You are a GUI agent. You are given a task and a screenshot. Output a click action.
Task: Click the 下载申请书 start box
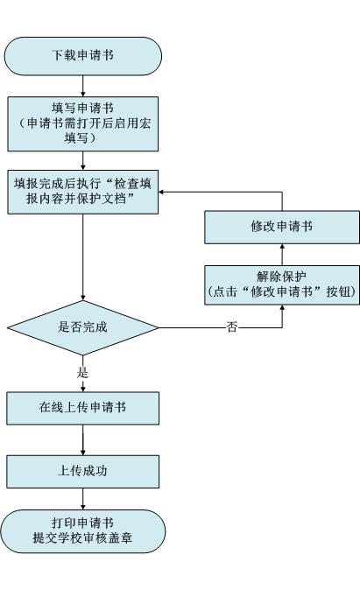(83, 56)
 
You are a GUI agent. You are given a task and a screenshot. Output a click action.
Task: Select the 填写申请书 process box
(83, 123)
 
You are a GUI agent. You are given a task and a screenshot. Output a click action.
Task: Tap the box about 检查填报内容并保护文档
(83, 192)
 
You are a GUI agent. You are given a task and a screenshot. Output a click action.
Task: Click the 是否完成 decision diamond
(83, 327)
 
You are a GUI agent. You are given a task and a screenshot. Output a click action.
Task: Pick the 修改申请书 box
(282, 228)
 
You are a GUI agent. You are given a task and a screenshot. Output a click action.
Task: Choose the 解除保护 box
(282, 284)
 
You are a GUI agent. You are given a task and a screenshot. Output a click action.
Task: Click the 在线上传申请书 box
(83, 408)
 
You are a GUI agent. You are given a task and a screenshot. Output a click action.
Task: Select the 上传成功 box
(83, 472)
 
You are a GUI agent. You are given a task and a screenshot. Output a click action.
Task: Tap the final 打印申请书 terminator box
(83, 531)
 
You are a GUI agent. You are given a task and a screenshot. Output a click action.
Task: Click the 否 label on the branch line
(232, 327)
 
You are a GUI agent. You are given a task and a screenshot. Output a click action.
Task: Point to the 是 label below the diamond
(82, 373)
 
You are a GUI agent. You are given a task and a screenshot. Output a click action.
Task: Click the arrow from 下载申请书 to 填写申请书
(83, 86)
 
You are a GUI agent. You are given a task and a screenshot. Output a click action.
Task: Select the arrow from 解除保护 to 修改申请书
(282, 255)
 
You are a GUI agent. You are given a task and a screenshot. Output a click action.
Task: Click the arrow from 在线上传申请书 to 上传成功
(83, 439)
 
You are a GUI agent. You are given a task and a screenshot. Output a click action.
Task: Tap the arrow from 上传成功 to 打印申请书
(83, 499)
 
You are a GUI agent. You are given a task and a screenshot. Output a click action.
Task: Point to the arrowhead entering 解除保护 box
(282, 307)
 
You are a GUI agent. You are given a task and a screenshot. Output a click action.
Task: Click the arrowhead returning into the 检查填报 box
(161, 192)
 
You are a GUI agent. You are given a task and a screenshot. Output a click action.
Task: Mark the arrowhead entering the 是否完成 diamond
(83, 298)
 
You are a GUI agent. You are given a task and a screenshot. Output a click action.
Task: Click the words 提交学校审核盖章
(82, 538)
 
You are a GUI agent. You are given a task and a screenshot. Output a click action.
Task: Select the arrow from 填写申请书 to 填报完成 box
(83, 161)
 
